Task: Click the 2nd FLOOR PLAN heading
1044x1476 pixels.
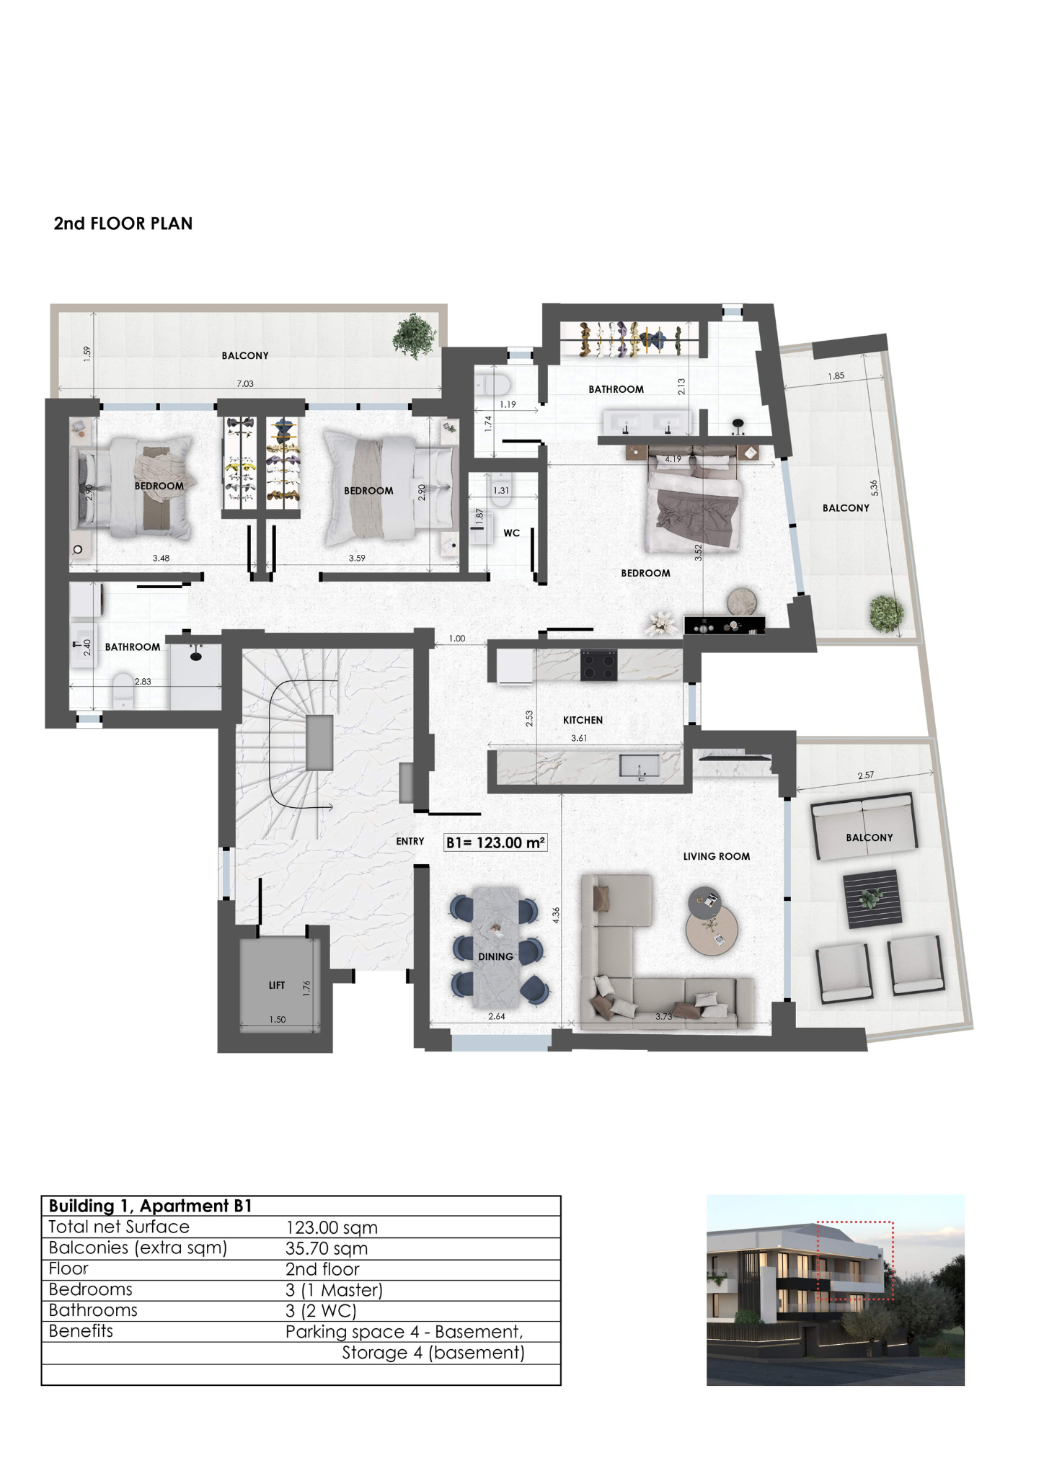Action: point(123,223)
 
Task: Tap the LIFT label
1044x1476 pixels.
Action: point(277,985)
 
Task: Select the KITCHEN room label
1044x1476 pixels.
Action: point(583,720)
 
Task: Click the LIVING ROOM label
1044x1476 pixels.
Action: point(717,856)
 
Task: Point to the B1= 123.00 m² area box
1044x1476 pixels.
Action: point(495,843)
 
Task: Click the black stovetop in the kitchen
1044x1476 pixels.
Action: point(599,665)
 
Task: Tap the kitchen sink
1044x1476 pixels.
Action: point(640,768)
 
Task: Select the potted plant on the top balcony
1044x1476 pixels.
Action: point(414,336)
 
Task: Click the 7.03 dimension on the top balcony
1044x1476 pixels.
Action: point(245,383)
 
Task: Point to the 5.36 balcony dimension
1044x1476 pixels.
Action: point(875,488)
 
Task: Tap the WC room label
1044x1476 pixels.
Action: point(512,533)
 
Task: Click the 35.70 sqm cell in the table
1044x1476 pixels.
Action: point(327,1248)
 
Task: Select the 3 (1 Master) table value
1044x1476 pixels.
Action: point(334,1290)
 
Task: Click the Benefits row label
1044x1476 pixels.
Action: point(81,1330)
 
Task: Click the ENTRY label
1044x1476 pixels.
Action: point(410,841)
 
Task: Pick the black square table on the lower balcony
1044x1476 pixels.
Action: point(872,899)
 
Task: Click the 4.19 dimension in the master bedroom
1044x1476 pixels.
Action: point(673,459)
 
